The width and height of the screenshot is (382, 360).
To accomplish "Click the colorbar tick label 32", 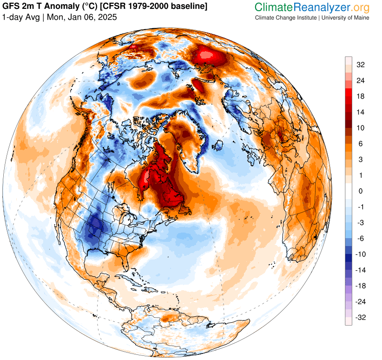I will [360, 65].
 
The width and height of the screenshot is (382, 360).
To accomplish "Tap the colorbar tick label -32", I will [360, 318].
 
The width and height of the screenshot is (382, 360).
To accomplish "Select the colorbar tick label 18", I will [360, 96].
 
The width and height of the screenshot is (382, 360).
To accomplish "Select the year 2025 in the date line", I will [107, 17].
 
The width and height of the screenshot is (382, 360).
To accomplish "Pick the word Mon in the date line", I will [54, 17].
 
